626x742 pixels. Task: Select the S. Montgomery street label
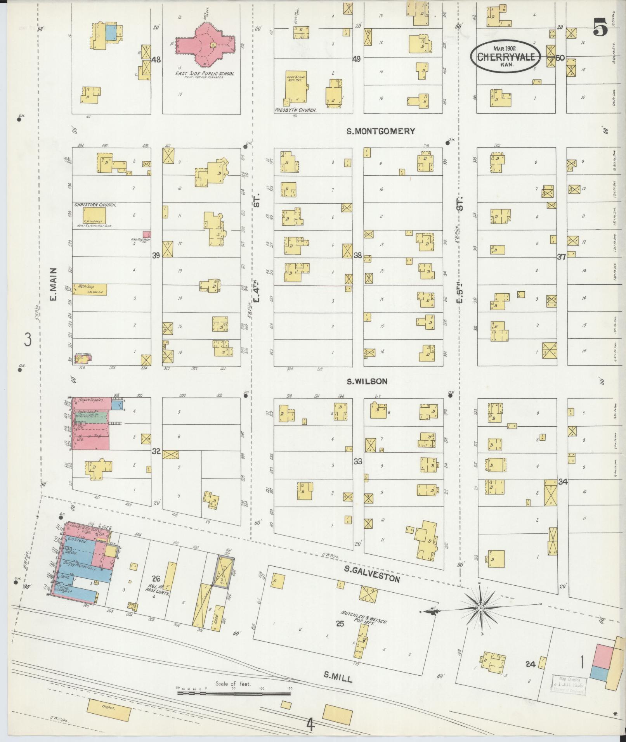click(x=380, y=131)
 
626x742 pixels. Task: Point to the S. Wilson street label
click(x=367, y=382)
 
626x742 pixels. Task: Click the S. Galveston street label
click(x=372, y=579)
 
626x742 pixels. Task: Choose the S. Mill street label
click(x=338, y=678)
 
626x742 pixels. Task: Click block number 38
click(x=357, y=256)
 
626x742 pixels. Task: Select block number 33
click(x=357, y=462)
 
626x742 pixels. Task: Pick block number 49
click(x=356, y=59)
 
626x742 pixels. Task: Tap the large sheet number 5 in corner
click(x=600, y=28)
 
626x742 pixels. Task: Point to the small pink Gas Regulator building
click(x=146, y=234)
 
